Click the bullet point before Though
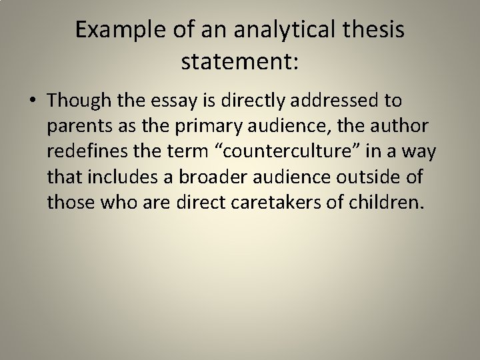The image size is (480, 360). pyautogui.click(x=33, y=101)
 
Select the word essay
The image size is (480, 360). pyautogui.click(x=179, y=101)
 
